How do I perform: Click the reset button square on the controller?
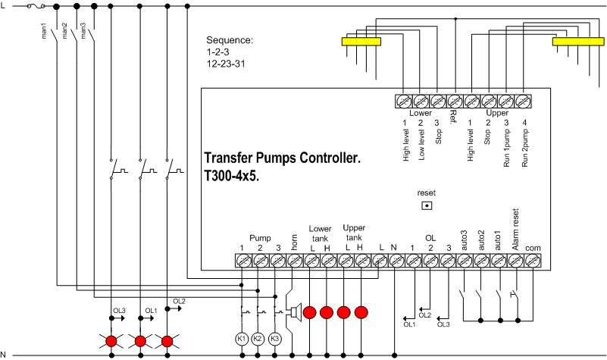(x=427, y=205)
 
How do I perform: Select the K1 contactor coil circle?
(x=242, y=337)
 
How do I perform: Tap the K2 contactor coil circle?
(x=258, y=337)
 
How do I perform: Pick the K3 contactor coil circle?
(x=276, y=337)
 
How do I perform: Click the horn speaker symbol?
(x=292, y=311)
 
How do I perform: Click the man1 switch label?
(x=46, y=30)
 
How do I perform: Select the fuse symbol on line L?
(x=36, y=6)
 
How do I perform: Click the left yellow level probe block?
(x=361, y=42)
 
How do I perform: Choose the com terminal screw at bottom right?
(x=533, y=261)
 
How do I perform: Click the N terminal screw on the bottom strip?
(x=395, y=261)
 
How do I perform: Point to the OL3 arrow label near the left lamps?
(x=119, y=311)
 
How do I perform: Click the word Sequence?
(x=230, y=40)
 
